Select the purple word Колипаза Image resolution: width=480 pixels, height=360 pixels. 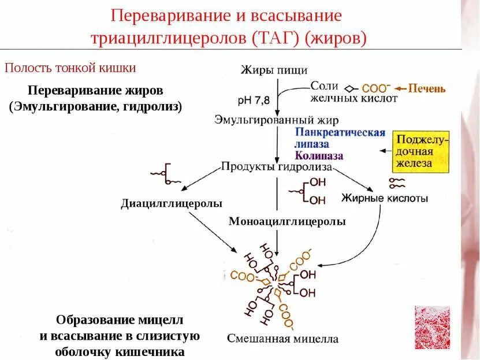pos(318,155)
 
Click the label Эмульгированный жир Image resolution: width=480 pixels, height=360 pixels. pos(276,120)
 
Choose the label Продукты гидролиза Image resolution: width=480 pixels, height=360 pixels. pos(276,167)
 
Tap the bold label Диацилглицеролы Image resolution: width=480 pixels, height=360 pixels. pos(172,203)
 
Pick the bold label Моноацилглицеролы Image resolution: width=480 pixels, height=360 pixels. pos(287,221)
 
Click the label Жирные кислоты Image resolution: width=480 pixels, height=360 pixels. pos(385,199)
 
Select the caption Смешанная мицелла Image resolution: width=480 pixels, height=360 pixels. pos(282,339)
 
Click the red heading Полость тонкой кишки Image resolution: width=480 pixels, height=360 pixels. pos(70,68)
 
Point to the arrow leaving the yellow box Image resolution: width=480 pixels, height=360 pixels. pos(385,151)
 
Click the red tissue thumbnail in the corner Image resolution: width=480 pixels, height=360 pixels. pos(432,327)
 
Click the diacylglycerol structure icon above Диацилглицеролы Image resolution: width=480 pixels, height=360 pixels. pos(163,176)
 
